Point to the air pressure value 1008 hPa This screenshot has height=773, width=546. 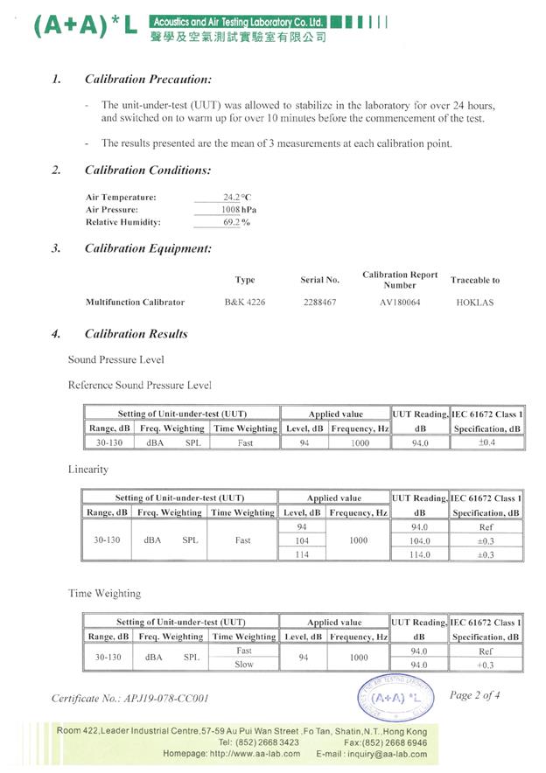pyautogui.click(x=237, y=210)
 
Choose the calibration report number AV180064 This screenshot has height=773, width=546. pyautogui.click(x=399, y=303)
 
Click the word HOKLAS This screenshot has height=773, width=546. pyautogui.click(x=475, y=303)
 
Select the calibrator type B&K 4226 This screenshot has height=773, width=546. pyautogui.click(x=245, y=303)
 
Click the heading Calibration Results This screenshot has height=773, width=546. pyautogui.click(x=136, y=333)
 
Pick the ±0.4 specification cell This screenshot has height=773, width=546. pyautogui.click(x=486, y=443)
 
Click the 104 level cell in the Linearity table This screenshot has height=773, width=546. pyautogui.click(x=302, y=541)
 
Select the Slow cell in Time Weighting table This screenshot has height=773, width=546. pyautogui.click(x=244, y=665)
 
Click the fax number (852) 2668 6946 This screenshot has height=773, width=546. pyautogui.click(x=391, y=742)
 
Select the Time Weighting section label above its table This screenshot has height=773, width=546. pyautogui.click(x=104, y=593)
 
